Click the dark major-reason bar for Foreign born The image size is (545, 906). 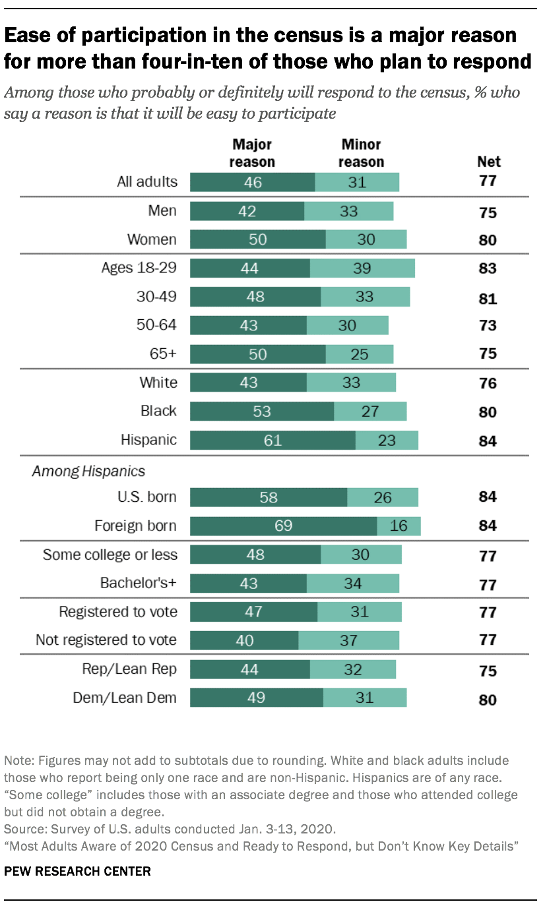pos(283,526)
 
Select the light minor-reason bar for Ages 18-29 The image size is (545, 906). pos(362,268)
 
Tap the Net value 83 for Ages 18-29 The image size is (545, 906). pos(488,268)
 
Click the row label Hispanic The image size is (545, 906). pos(148,440)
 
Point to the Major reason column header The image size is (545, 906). pos(252,153)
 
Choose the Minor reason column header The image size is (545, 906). pos(361,153)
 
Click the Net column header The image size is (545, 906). pos(488,162)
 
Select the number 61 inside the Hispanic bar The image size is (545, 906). pos(272,440)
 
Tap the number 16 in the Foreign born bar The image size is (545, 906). pos(399,526)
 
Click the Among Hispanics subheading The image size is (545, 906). pos(88,471)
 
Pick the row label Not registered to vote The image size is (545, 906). pos(106,640)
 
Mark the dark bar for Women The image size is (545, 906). pos(257,239)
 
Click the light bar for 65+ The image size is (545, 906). pos(359,354)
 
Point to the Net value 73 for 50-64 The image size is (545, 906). pos(488,326)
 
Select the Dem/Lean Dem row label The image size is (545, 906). pos(125,698)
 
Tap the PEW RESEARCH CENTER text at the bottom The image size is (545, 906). pos(77,871)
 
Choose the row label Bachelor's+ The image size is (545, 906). pos(139,583)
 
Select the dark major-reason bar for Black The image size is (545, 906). pos(261,411)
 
